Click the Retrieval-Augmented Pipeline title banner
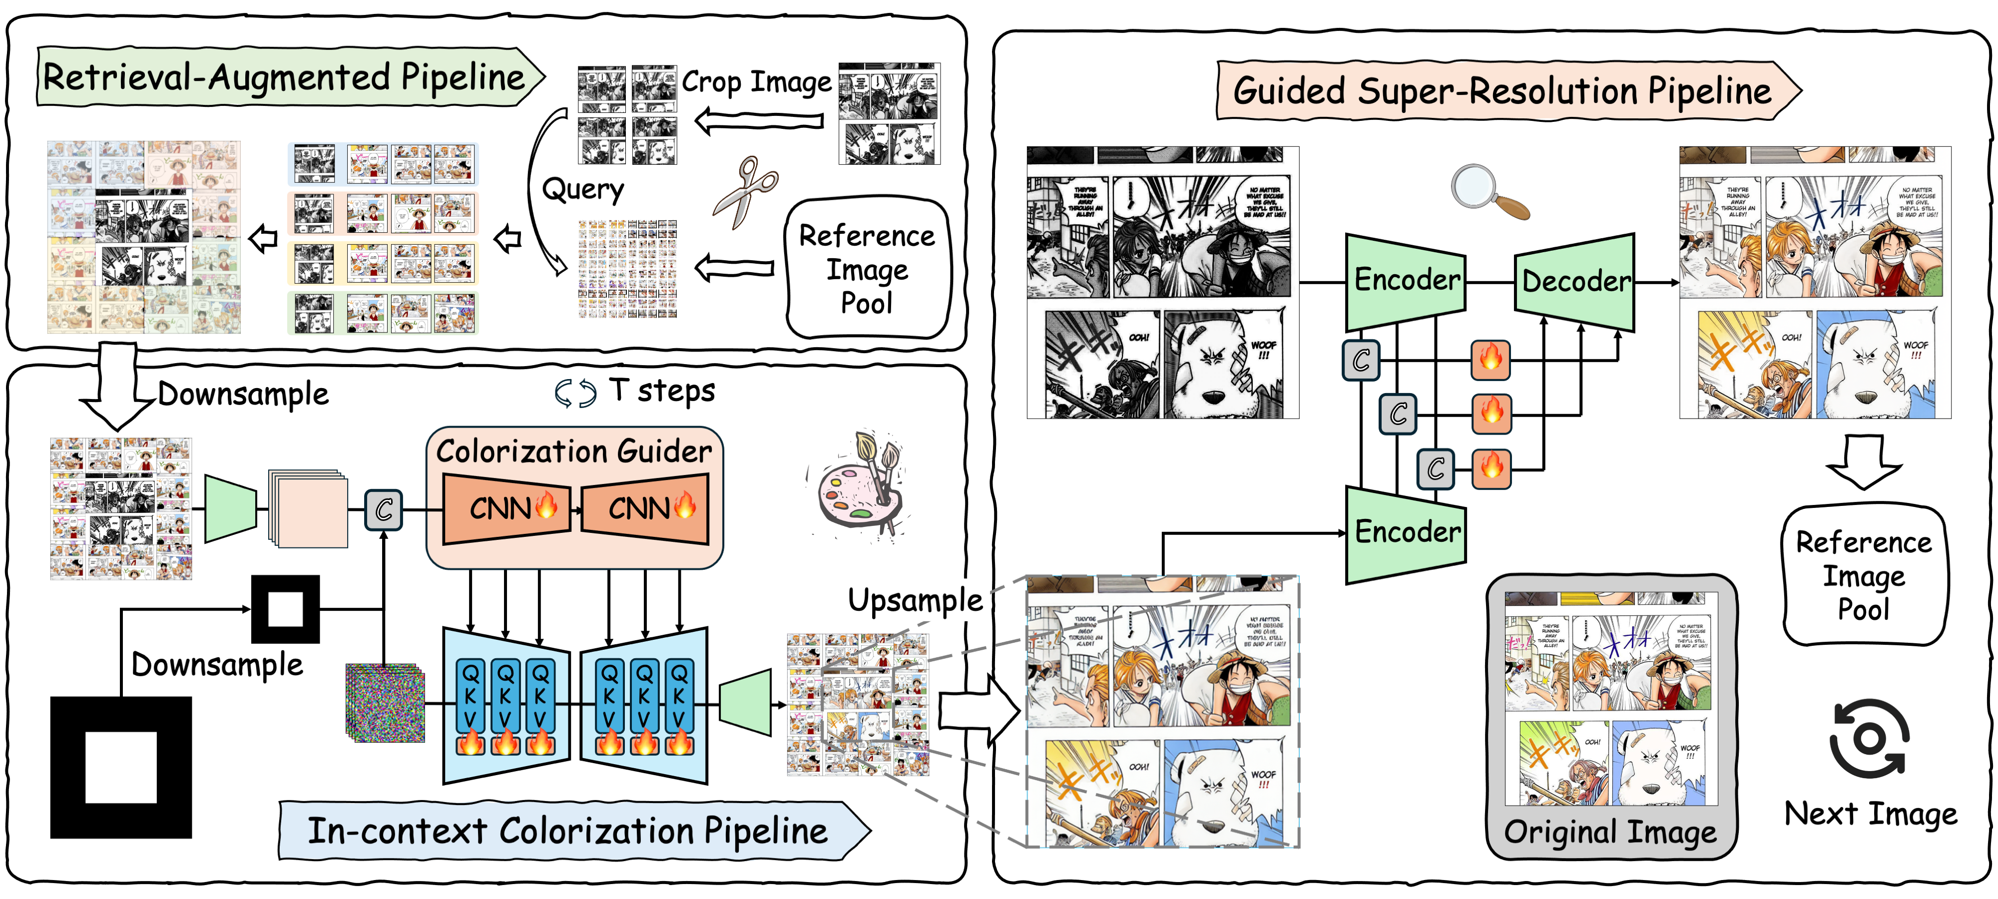tap(284, 77)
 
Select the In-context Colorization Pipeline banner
tap(568, 831)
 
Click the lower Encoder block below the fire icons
tap(1406, 533)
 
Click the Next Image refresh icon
tap(1869, 739)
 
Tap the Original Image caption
tap(1610, 832)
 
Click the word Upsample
tap(915, 600)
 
